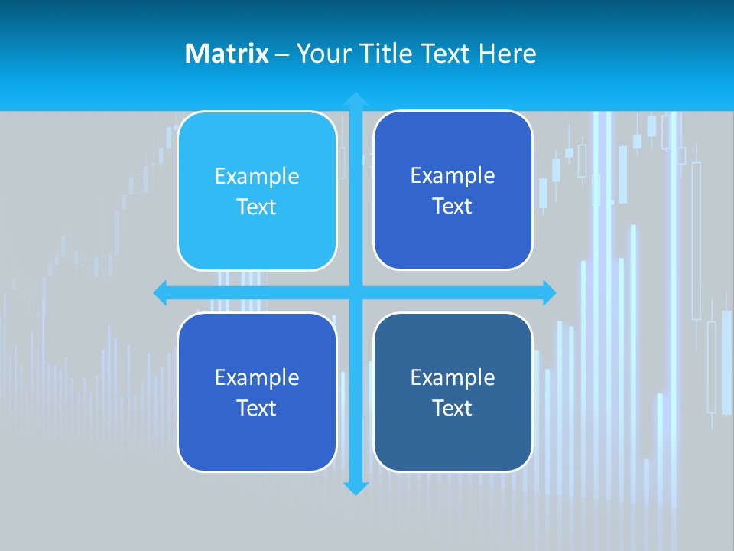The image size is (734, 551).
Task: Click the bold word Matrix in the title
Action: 226,54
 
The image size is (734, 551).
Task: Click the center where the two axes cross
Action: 356,292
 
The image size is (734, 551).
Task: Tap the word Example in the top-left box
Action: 257,176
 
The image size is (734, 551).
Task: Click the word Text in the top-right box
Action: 453,207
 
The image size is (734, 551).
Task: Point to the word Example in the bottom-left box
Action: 257,377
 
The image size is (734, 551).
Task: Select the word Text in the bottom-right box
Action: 453,408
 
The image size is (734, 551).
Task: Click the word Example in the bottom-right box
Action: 453,377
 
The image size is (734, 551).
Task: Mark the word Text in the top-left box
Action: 257,207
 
